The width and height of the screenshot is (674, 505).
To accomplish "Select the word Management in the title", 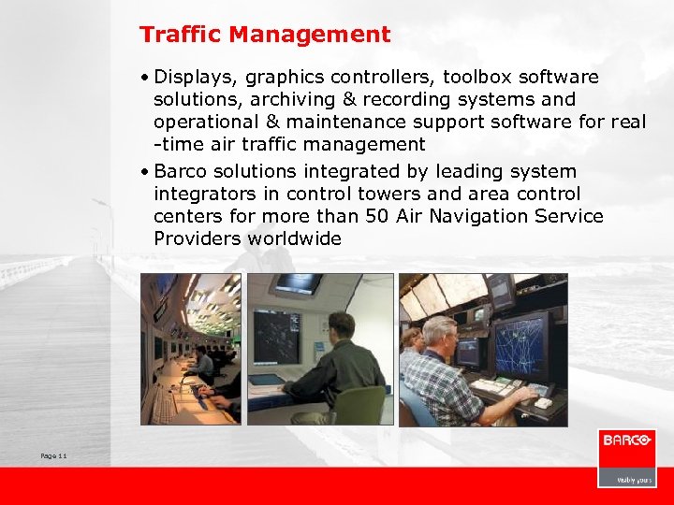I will click(310, 36).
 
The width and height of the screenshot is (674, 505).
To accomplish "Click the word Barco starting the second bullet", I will click(181, 171).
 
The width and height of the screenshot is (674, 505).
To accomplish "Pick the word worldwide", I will click(294, 238).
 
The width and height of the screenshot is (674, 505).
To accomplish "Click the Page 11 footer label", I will click(53, 455).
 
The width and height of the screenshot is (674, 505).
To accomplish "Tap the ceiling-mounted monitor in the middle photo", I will click(299, 283).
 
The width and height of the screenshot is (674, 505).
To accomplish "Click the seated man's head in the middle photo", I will click(342, 326).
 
